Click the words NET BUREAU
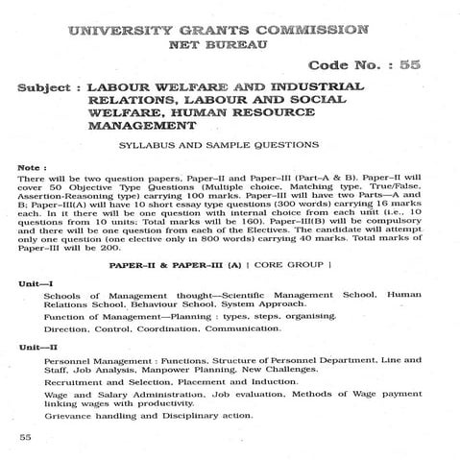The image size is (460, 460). [x=228, y=45]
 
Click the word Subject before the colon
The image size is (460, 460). [x=46, y=87]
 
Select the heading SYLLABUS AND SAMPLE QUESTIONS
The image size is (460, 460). [x=230, y=144]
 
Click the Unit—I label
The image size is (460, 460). [x=35, y=284]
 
